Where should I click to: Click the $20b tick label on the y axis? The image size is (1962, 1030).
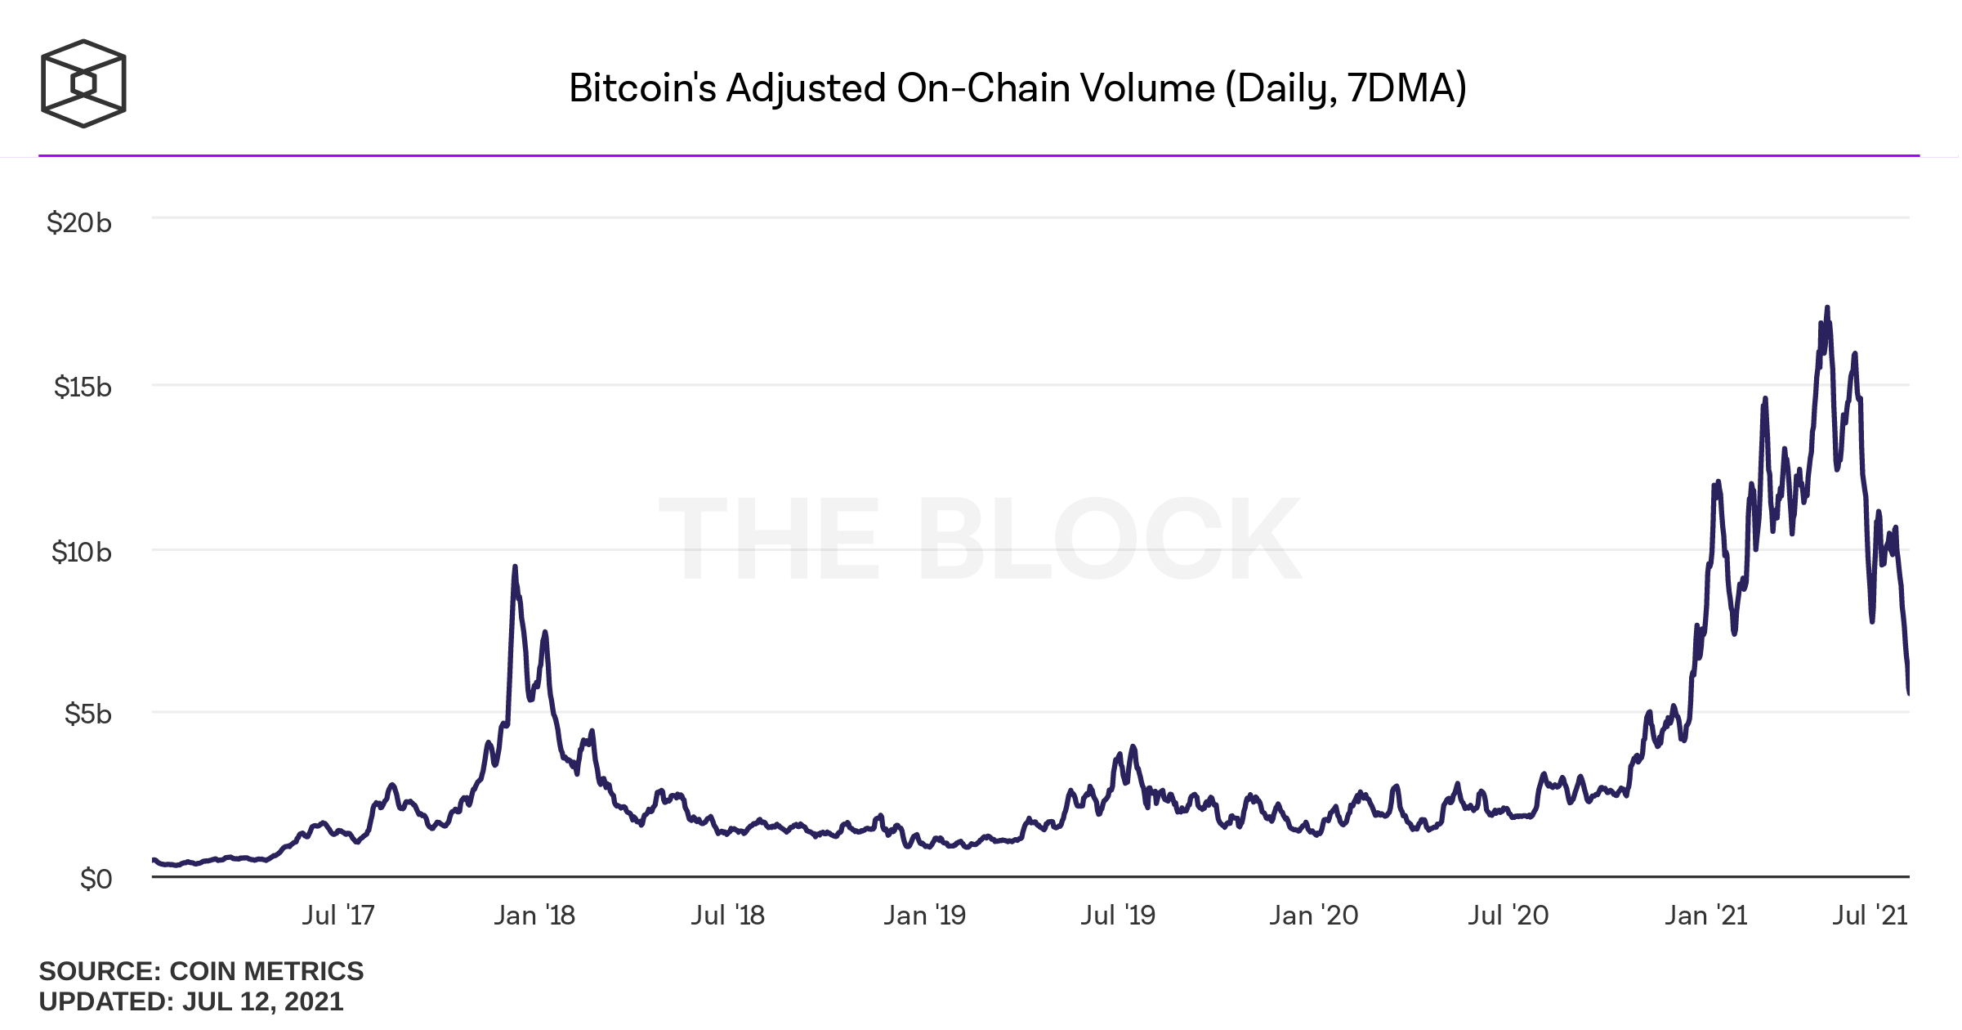[x=78, y=222]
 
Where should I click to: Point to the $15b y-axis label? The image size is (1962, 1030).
[x=82, y=387]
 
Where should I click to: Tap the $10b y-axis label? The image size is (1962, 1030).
[x=81, y=552]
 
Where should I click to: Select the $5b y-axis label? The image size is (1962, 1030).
[x=87, y=714]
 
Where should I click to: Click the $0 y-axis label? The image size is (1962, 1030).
[x=96, y=879]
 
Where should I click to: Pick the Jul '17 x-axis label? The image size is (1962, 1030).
[x=338, y=915]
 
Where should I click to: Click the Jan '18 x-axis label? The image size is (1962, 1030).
[x=534, y=915]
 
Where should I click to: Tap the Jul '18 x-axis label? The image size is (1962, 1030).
[x=727, y=915]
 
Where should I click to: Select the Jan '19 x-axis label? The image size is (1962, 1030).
[x=924, y=915]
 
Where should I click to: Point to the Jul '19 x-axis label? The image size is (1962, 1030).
[x=1118, y=915]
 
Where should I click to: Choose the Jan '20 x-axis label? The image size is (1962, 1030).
[x=1313, y=915]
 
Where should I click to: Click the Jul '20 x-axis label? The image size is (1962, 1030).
[x=1508, y=915]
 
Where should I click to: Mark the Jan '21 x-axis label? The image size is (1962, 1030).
[x=1706, y=915]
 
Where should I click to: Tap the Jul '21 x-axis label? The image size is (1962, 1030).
[x=1870, y=915]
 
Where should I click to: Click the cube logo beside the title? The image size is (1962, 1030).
[x=83, y=83]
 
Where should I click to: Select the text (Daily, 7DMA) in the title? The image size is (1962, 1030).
[x=1346, y=88]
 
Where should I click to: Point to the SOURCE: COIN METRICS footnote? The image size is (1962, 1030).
[x=201, y=971]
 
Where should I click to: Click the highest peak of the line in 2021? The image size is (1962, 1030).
[x=1827, y=308]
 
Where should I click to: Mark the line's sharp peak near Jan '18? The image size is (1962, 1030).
[x=515, y=566]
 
